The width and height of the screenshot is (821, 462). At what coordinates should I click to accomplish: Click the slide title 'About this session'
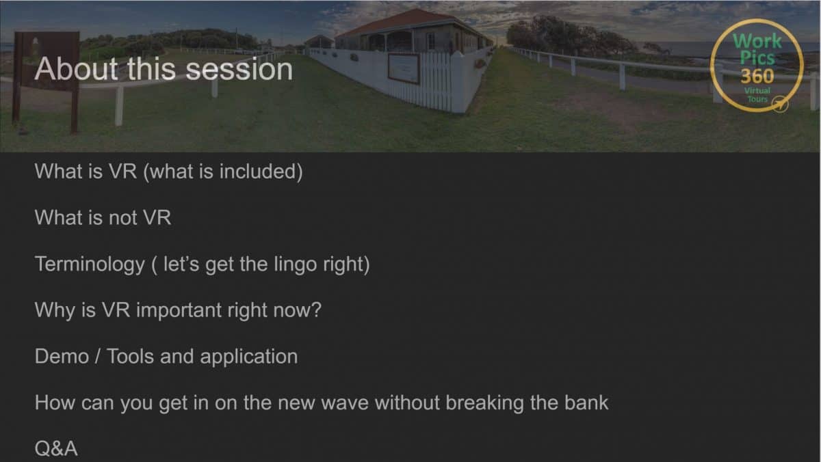point(164,69)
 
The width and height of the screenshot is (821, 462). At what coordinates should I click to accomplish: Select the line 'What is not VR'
point(103,218)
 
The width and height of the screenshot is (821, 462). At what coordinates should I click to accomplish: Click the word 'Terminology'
point(90,264)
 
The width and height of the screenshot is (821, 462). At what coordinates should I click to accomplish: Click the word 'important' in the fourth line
point(177,311)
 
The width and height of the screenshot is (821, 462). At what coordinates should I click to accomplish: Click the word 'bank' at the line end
point(586,403)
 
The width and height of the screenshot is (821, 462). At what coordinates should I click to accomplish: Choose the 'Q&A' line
point(56,449)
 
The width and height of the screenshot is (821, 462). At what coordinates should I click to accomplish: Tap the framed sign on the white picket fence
point(404,68)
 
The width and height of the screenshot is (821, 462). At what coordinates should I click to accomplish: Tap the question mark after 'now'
point(315,311)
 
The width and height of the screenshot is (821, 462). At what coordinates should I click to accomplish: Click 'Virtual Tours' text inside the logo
point(757,94)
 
